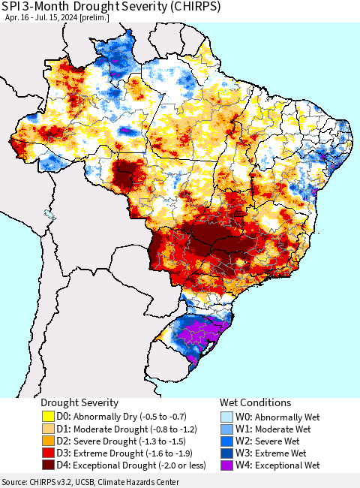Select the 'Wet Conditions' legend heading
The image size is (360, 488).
255,403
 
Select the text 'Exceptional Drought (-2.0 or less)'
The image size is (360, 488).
130,465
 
